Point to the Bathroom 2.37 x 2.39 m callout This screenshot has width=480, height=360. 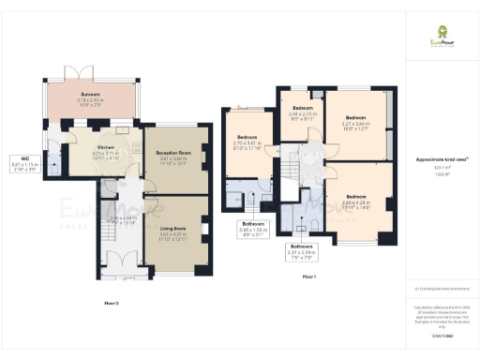[301, 250]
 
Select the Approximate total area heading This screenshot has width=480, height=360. [441, 160]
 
